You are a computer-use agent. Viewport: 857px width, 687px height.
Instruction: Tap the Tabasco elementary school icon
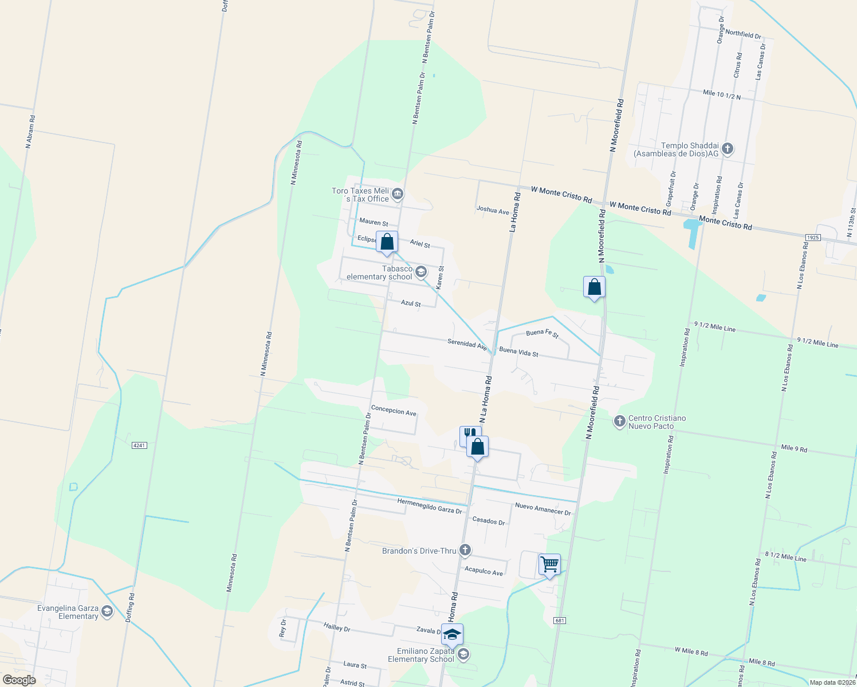click(x=421, y=271)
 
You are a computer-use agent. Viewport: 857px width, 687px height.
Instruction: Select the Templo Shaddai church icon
click(x=728, y=149)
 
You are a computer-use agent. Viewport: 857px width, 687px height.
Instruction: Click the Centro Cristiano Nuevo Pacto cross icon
click(x=619, y=421)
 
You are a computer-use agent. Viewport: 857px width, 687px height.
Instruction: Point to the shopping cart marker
click(x=549, y=565)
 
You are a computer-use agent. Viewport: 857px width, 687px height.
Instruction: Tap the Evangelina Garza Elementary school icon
click(x=107, y=612)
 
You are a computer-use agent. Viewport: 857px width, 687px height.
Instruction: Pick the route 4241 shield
click(x=139, y=445)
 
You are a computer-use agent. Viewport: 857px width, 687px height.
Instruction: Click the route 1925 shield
click(x=812, y=237)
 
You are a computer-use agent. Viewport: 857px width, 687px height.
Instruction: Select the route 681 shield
click(x=560, y=621)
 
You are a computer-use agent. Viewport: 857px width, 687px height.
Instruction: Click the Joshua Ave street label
click(x=493, y=210)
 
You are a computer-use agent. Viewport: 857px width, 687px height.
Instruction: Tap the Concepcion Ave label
click(x=394, y=410)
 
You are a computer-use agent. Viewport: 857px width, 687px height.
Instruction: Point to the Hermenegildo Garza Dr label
click(x=430, y=506)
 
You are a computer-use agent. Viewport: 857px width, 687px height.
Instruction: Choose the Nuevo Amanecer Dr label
click(x=543, y=508)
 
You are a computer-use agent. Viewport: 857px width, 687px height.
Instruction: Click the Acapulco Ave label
click(x=483, y=571)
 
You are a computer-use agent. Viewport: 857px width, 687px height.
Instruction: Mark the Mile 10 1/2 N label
click(x=722, y=94)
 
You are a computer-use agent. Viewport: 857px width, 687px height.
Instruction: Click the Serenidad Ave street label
click(x=467, y=344)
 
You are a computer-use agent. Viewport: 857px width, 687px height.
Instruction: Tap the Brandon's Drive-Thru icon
click(x=465, y=550)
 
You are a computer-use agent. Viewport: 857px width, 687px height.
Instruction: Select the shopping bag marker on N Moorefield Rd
click(x=594, y=287)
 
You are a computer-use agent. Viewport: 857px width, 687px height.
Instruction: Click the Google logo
click(x=19, y=680)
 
